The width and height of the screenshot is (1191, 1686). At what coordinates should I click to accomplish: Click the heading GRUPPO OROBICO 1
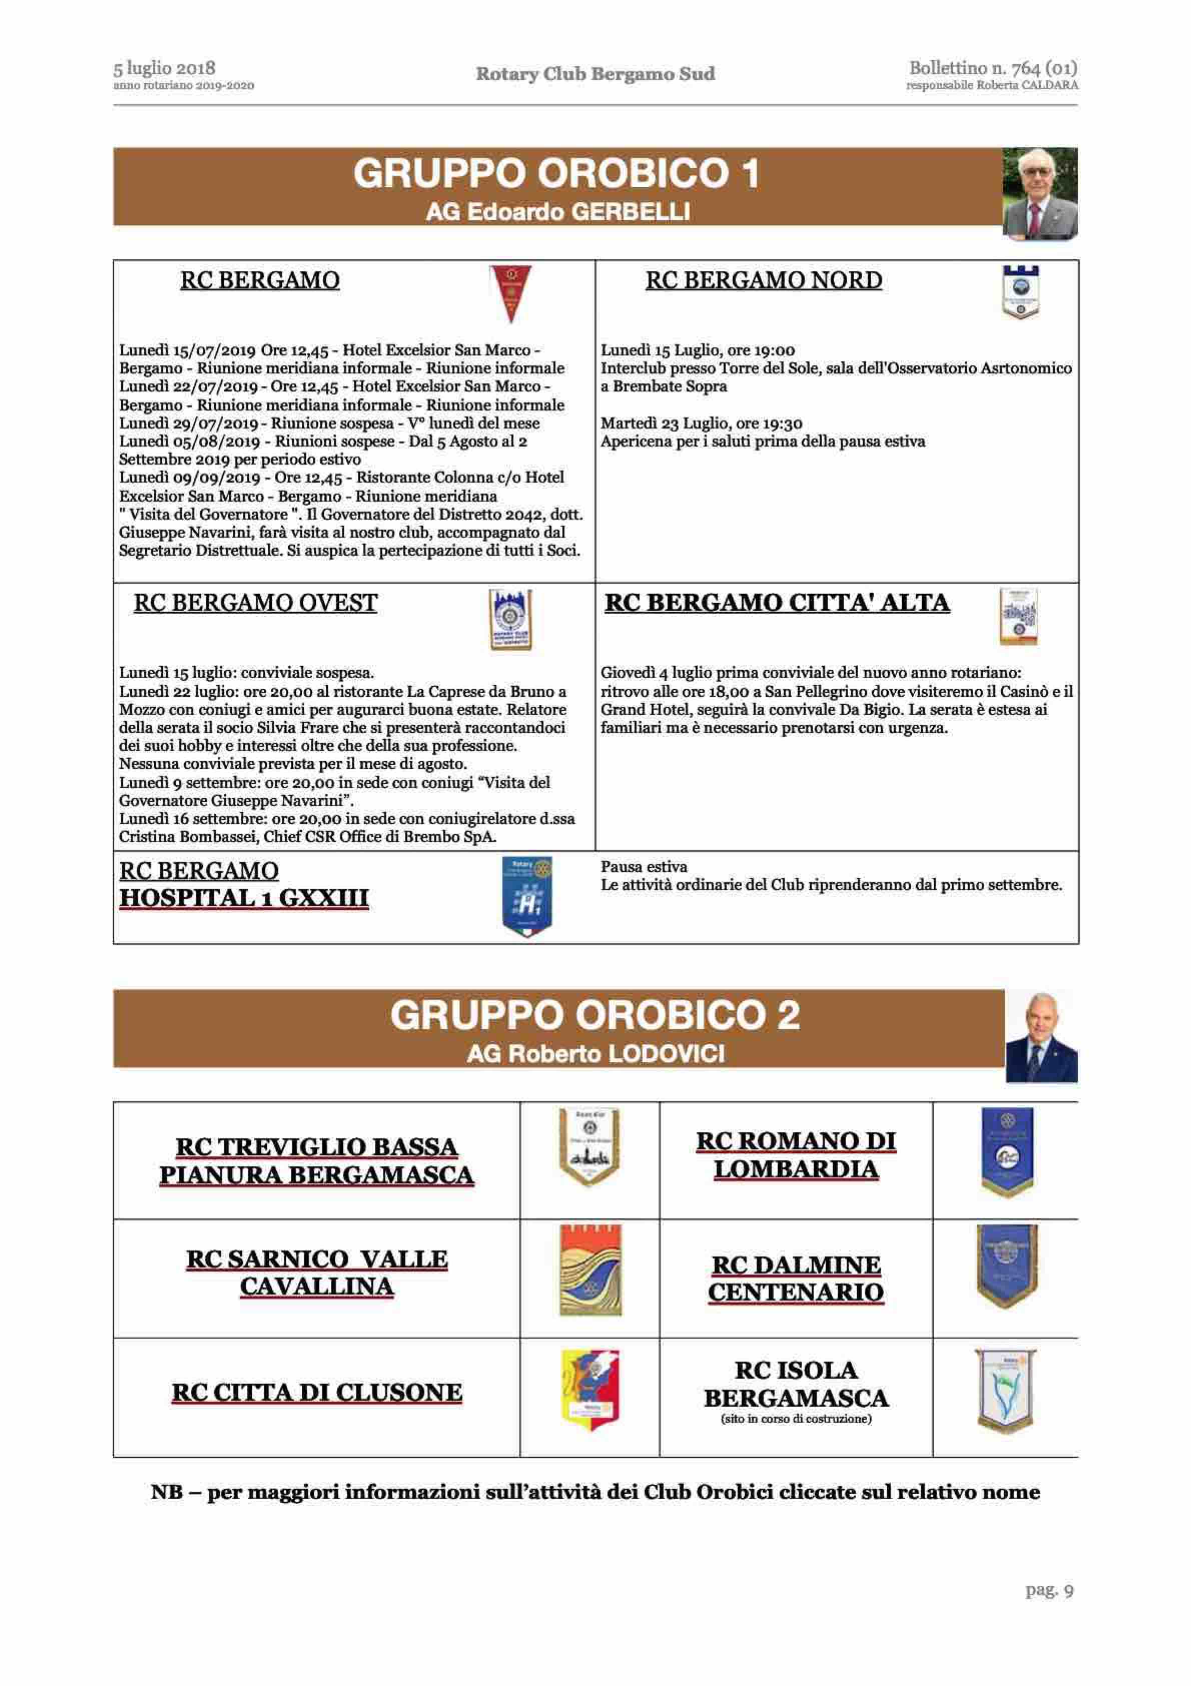coord(556,174)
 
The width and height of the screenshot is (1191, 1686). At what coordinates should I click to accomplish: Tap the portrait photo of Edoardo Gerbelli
coord(1040,194)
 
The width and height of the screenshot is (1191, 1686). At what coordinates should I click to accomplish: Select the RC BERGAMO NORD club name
coord(764,280)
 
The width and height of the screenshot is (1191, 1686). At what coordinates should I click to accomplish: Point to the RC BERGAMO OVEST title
coord(256,603)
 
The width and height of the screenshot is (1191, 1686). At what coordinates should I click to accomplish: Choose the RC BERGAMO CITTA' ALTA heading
coord(777,603)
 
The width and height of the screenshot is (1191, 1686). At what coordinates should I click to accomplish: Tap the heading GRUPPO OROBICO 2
coord(595,1016)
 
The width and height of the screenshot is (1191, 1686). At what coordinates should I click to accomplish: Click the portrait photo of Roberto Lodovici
coord(1040,1036)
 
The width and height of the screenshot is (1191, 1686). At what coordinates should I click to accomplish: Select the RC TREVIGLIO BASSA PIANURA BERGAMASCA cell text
coord(316,1161)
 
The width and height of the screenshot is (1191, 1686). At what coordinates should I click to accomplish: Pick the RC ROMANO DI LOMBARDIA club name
coord(796,1155)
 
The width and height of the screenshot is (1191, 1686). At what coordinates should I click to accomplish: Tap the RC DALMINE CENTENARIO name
coord(796,1279)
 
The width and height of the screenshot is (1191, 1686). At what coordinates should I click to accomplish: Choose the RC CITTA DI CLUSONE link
coord(316,1392)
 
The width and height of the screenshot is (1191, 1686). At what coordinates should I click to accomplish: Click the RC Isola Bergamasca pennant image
coord(1005,1390)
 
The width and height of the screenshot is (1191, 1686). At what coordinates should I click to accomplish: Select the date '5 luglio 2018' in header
coord(165,68)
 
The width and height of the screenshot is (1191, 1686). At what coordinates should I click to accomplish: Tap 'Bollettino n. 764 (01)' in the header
coord(993,68)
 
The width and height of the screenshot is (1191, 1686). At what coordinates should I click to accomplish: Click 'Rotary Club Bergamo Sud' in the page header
coord(595,74)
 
